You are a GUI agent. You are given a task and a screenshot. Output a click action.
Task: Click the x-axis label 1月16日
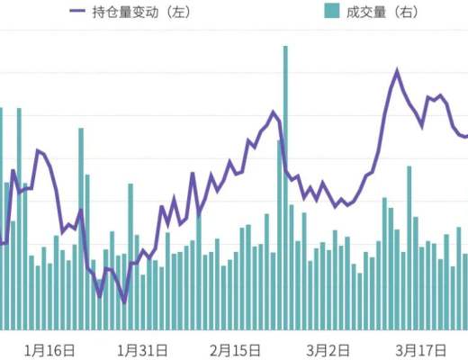49,348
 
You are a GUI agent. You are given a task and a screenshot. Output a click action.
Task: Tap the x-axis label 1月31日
142,348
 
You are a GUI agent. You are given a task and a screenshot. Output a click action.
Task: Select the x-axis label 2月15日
236,348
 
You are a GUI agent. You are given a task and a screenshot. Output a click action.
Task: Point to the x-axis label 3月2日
328,348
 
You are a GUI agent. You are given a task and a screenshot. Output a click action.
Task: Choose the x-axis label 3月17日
421,348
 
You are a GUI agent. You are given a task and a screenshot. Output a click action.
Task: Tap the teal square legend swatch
330,12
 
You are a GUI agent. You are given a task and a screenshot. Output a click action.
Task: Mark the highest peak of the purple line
397,69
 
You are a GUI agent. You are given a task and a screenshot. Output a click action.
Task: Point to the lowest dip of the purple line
124,302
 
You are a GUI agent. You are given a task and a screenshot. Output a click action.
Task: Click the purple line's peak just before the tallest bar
274,112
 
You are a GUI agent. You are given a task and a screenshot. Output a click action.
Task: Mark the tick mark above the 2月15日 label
236,332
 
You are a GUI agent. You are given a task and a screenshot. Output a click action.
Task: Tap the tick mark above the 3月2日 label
328,332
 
